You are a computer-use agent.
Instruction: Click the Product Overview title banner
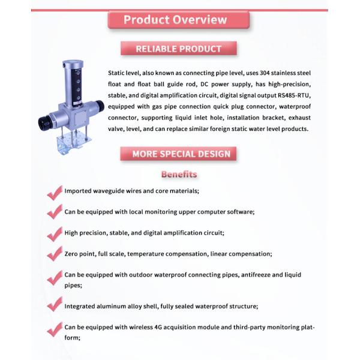[x=178, y=20]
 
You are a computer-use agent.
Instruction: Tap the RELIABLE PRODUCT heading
[x=178, y=49]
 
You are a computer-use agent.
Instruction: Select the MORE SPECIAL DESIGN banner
[x=178, y=154]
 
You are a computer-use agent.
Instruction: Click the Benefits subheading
[x=179, y=174]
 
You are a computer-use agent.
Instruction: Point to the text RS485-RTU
[x=294, y=95]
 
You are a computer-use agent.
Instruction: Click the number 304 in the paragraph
[x=265, y=73]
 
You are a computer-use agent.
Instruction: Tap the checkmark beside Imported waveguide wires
[x=55, y=193]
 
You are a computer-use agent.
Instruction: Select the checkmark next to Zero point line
[x=55, y=254]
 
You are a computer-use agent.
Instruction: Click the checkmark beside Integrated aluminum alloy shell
[x=55, y=304]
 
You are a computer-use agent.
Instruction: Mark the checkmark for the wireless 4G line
[x=55, y=329]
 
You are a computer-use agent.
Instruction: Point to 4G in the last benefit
[x=158, y=327]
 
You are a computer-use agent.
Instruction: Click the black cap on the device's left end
[x=44, y=123]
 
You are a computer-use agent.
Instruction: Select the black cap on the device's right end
[x=100, y=106]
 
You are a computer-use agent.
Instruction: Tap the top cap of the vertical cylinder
[x=73, y=62]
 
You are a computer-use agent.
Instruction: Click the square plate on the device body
[x=80, y=118]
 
